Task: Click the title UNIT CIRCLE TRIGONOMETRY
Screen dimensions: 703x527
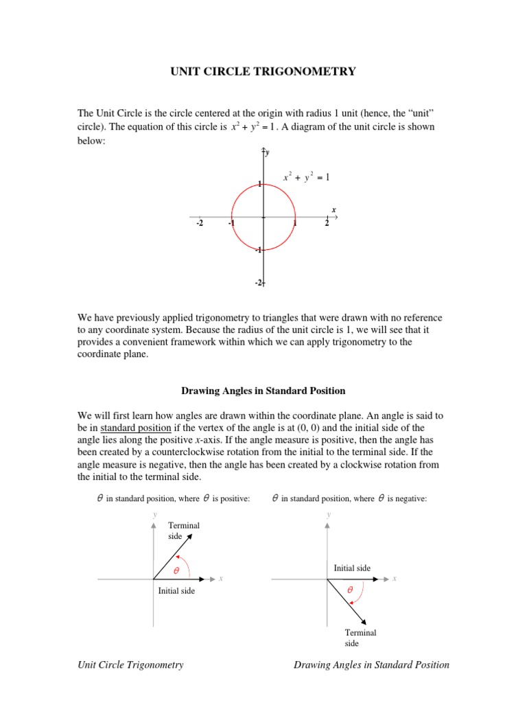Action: pyautogui.click(x=263, y=71)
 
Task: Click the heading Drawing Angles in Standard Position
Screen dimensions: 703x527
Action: pyautogui.click(x=263, y=391)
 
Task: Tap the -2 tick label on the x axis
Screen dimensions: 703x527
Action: pyautogui.click(x=199, y=224)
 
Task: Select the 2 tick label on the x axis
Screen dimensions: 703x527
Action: pyautogui.click(x=327, y=224)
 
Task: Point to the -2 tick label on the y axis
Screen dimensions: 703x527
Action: pyautogui.click(x=259, y=283)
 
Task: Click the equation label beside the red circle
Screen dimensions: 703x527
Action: pyautogui.click(x=307, y=178)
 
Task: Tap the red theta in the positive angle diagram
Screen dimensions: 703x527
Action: pyautogui.click(x=176, y=571)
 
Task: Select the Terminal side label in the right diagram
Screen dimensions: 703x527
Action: pyautogui.click(x=360, y=638)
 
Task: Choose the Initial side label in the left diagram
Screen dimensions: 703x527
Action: pyautogui.click(x=176, y=590)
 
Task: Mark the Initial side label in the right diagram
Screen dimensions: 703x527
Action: pyautogui.click(x=352, y=568)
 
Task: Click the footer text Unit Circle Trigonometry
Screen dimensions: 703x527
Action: pyautogui.click(x=130, y=665)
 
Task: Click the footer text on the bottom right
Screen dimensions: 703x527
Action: pyautogui.click(x=371, y=665)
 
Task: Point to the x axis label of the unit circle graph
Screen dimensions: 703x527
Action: pyautogui.click(x=334, y=209)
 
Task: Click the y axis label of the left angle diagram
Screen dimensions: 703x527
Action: pyautogui.click(x=154, y=514)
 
